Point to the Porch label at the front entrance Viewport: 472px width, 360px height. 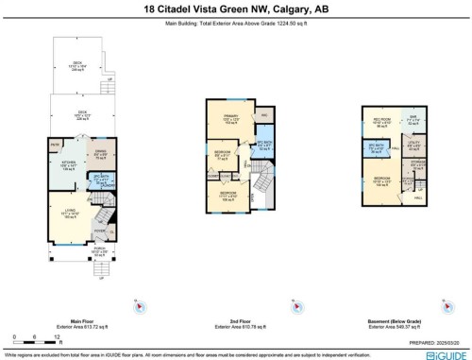87,251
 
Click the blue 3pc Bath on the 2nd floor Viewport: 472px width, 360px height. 263,145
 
